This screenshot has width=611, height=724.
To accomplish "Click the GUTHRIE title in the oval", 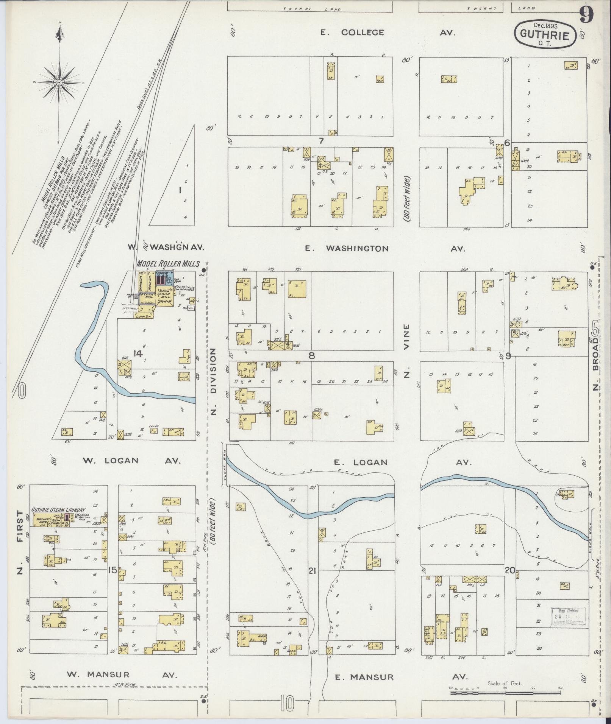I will [x=545, y=35].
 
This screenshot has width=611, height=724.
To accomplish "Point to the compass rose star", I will [x=59, y=82].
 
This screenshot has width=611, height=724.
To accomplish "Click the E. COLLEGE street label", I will [x=352, y=33].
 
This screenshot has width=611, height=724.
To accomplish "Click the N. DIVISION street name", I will [x=213, y=382].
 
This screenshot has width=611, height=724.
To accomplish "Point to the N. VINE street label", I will [x=407, y=351].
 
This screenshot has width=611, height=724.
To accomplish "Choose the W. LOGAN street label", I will [x=111, y=461].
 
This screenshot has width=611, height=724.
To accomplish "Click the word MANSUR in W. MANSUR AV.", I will [x=109, y=674].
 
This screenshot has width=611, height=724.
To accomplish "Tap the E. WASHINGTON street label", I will [x=347, y=249].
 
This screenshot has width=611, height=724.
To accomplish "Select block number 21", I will [x=312, y=571].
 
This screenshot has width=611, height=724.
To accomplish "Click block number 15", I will [x=112, y=570].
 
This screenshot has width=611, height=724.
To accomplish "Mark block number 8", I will [x=311, y=355].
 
